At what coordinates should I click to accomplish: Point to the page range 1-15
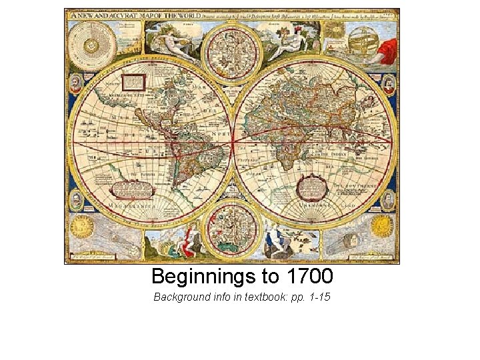(317, 297)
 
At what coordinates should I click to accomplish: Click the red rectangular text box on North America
(134, 82)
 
